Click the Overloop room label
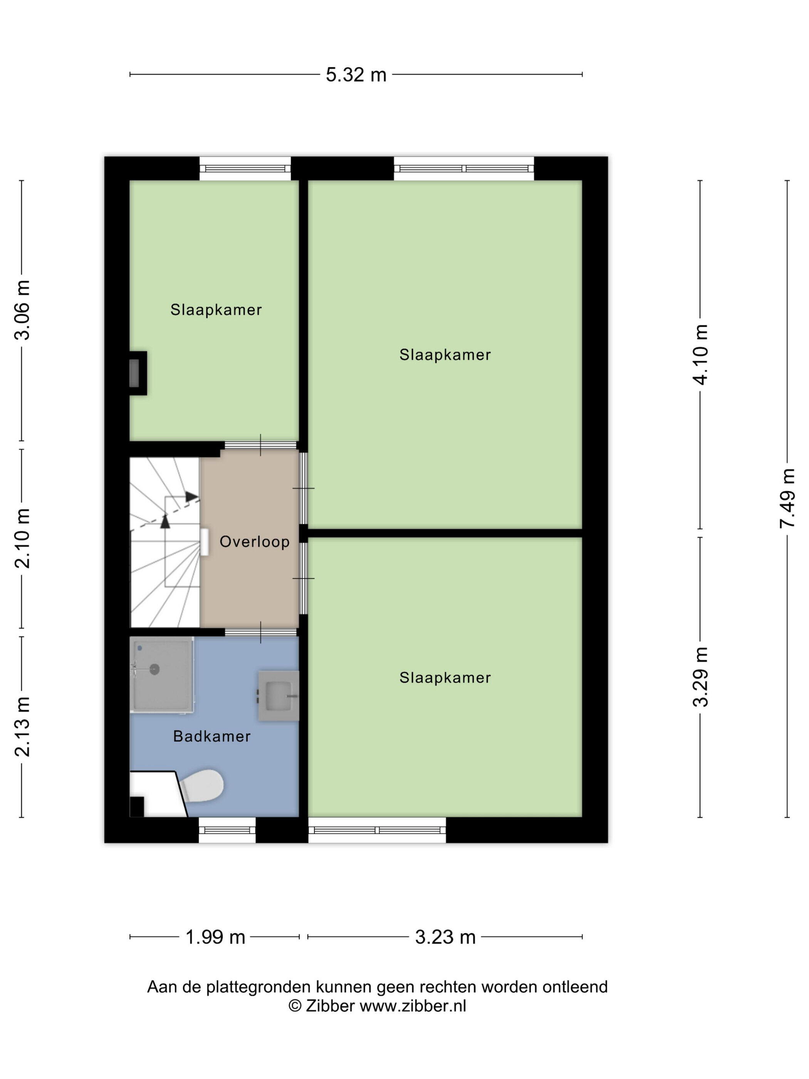tap(254, 541)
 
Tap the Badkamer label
tap(211, 736)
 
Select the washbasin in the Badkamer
tap(279, 696)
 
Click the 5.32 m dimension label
tap(356, 75)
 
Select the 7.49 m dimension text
tap(787, 498)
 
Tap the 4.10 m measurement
tap(700, 355)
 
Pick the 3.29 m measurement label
tap(700, 677)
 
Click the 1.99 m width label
tap(215, 937)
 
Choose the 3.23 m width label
tap(445, 937)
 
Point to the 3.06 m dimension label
tap(22, 310)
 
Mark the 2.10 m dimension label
tap(22, 538)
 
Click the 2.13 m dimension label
tap(22, 727)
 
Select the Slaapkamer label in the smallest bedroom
tap(216, 310)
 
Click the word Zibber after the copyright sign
tap(330, 1005)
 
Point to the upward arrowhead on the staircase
tap(165, 521)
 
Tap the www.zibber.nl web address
tap(413, 1005)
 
